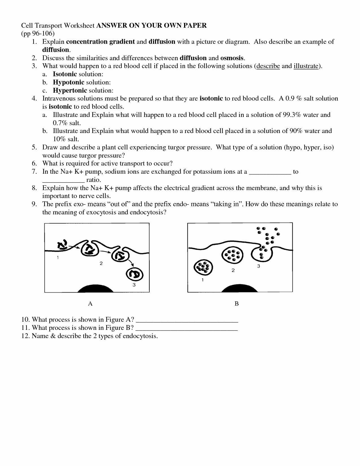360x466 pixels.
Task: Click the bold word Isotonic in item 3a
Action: [65, 74]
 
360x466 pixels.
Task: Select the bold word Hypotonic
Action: [69, 82]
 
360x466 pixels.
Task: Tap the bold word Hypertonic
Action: [70, 91]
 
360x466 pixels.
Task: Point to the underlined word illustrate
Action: [306, 66]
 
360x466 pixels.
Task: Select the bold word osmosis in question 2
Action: [232, 58]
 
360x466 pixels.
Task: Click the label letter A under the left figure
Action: [90, 304]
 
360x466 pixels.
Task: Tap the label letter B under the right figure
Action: [237, 304]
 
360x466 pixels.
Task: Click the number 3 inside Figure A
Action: [134, 285]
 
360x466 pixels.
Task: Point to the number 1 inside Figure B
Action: [203, 280]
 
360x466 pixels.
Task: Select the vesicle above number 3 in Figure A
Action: [135, 274]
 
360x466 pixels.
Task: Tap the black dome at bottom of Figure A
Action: [95, 289]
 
